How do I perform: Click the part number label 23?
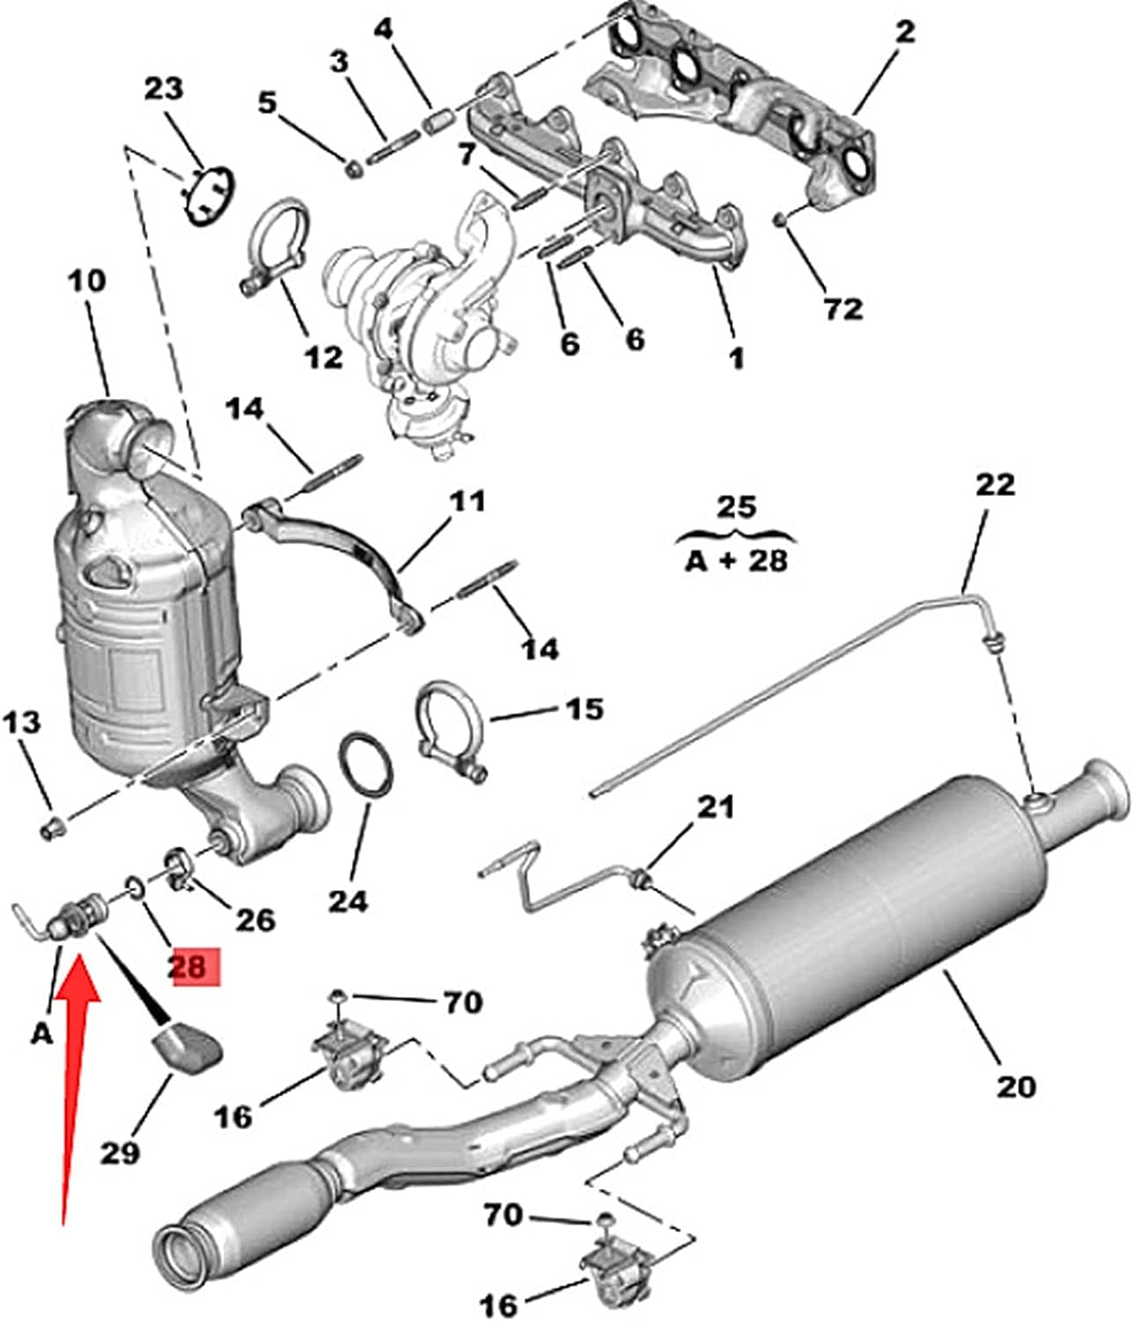(x=164, y=89)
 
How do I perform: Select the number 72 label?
(x=842, y=308)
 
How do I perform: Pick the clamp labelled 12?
(x=275, y=242)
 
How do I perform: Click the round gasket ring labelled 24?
(x=364, y=765)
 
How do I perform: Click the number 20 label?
(x=1015, y=1087)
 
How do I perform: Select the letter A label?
(x=41, y=1033)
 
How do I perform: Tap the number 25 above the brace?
(x=735, y=507)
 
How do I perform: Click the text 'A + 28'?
(x=735, y=559)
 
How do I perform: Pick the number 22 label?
(x=995, y=484)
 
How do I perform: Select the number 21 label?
(x=715, y=807)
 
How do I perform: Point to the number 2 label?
(x=905, y=33)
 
